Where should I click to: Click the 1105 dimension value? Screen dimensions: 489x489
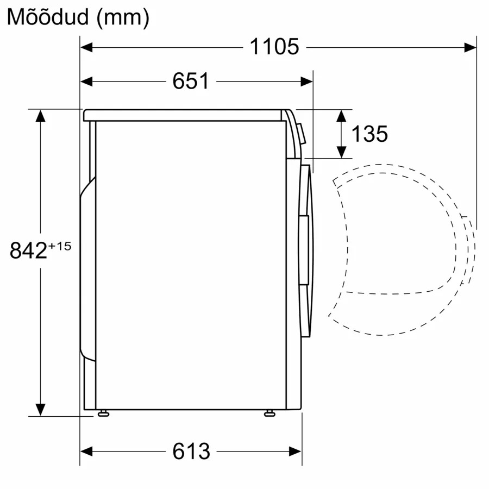(x=274, y=47)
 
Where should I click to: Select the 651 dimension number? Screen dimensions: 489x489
(x=191, y=81)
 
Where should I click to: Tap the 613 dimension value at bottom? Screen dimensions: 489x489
(x=191, y=452)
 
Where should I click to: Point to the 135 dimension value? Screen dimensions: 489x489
(x=370, y=134)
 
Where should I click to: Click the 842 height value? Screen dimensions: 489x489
(x=28, y=250)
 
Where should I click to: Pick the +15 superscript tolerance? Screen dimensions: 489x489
(x=60, y=246)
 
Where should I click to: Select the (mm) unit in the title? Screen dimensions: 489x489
(x=123, y=18)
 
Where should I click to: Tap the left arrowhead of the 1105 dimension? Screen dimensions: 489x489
(x=86, y=48)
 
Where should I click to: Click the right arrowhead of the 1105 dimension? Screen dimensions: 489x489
(x=471, y=48)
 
